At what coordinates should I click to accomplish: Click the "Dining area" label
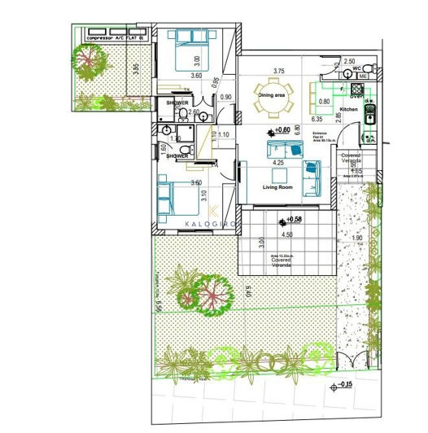tap(271, 95)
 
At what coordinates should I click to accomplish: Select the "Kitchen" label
tap(348, 109)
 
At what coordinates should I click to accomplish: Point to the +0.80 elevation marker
tap(282, 130)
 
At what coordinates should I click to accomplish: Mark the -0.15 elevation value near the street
tap(345, 384)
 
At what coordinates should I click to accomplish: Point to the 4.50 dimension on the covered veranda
tap(287, 234)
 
